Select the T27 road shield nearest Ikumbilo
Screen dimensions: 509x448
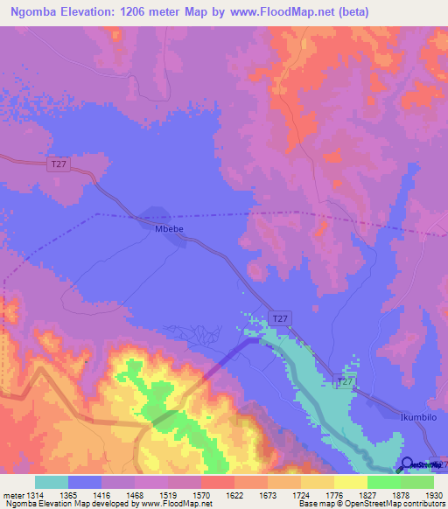tap(346, 382)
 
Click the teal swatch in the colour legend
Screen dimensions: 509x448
tap(51, 482)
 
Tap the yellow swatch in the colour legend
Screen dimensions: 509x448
tap(350, 482)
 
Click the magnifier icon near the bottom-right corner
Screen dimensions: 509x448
tap(407, 463)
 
